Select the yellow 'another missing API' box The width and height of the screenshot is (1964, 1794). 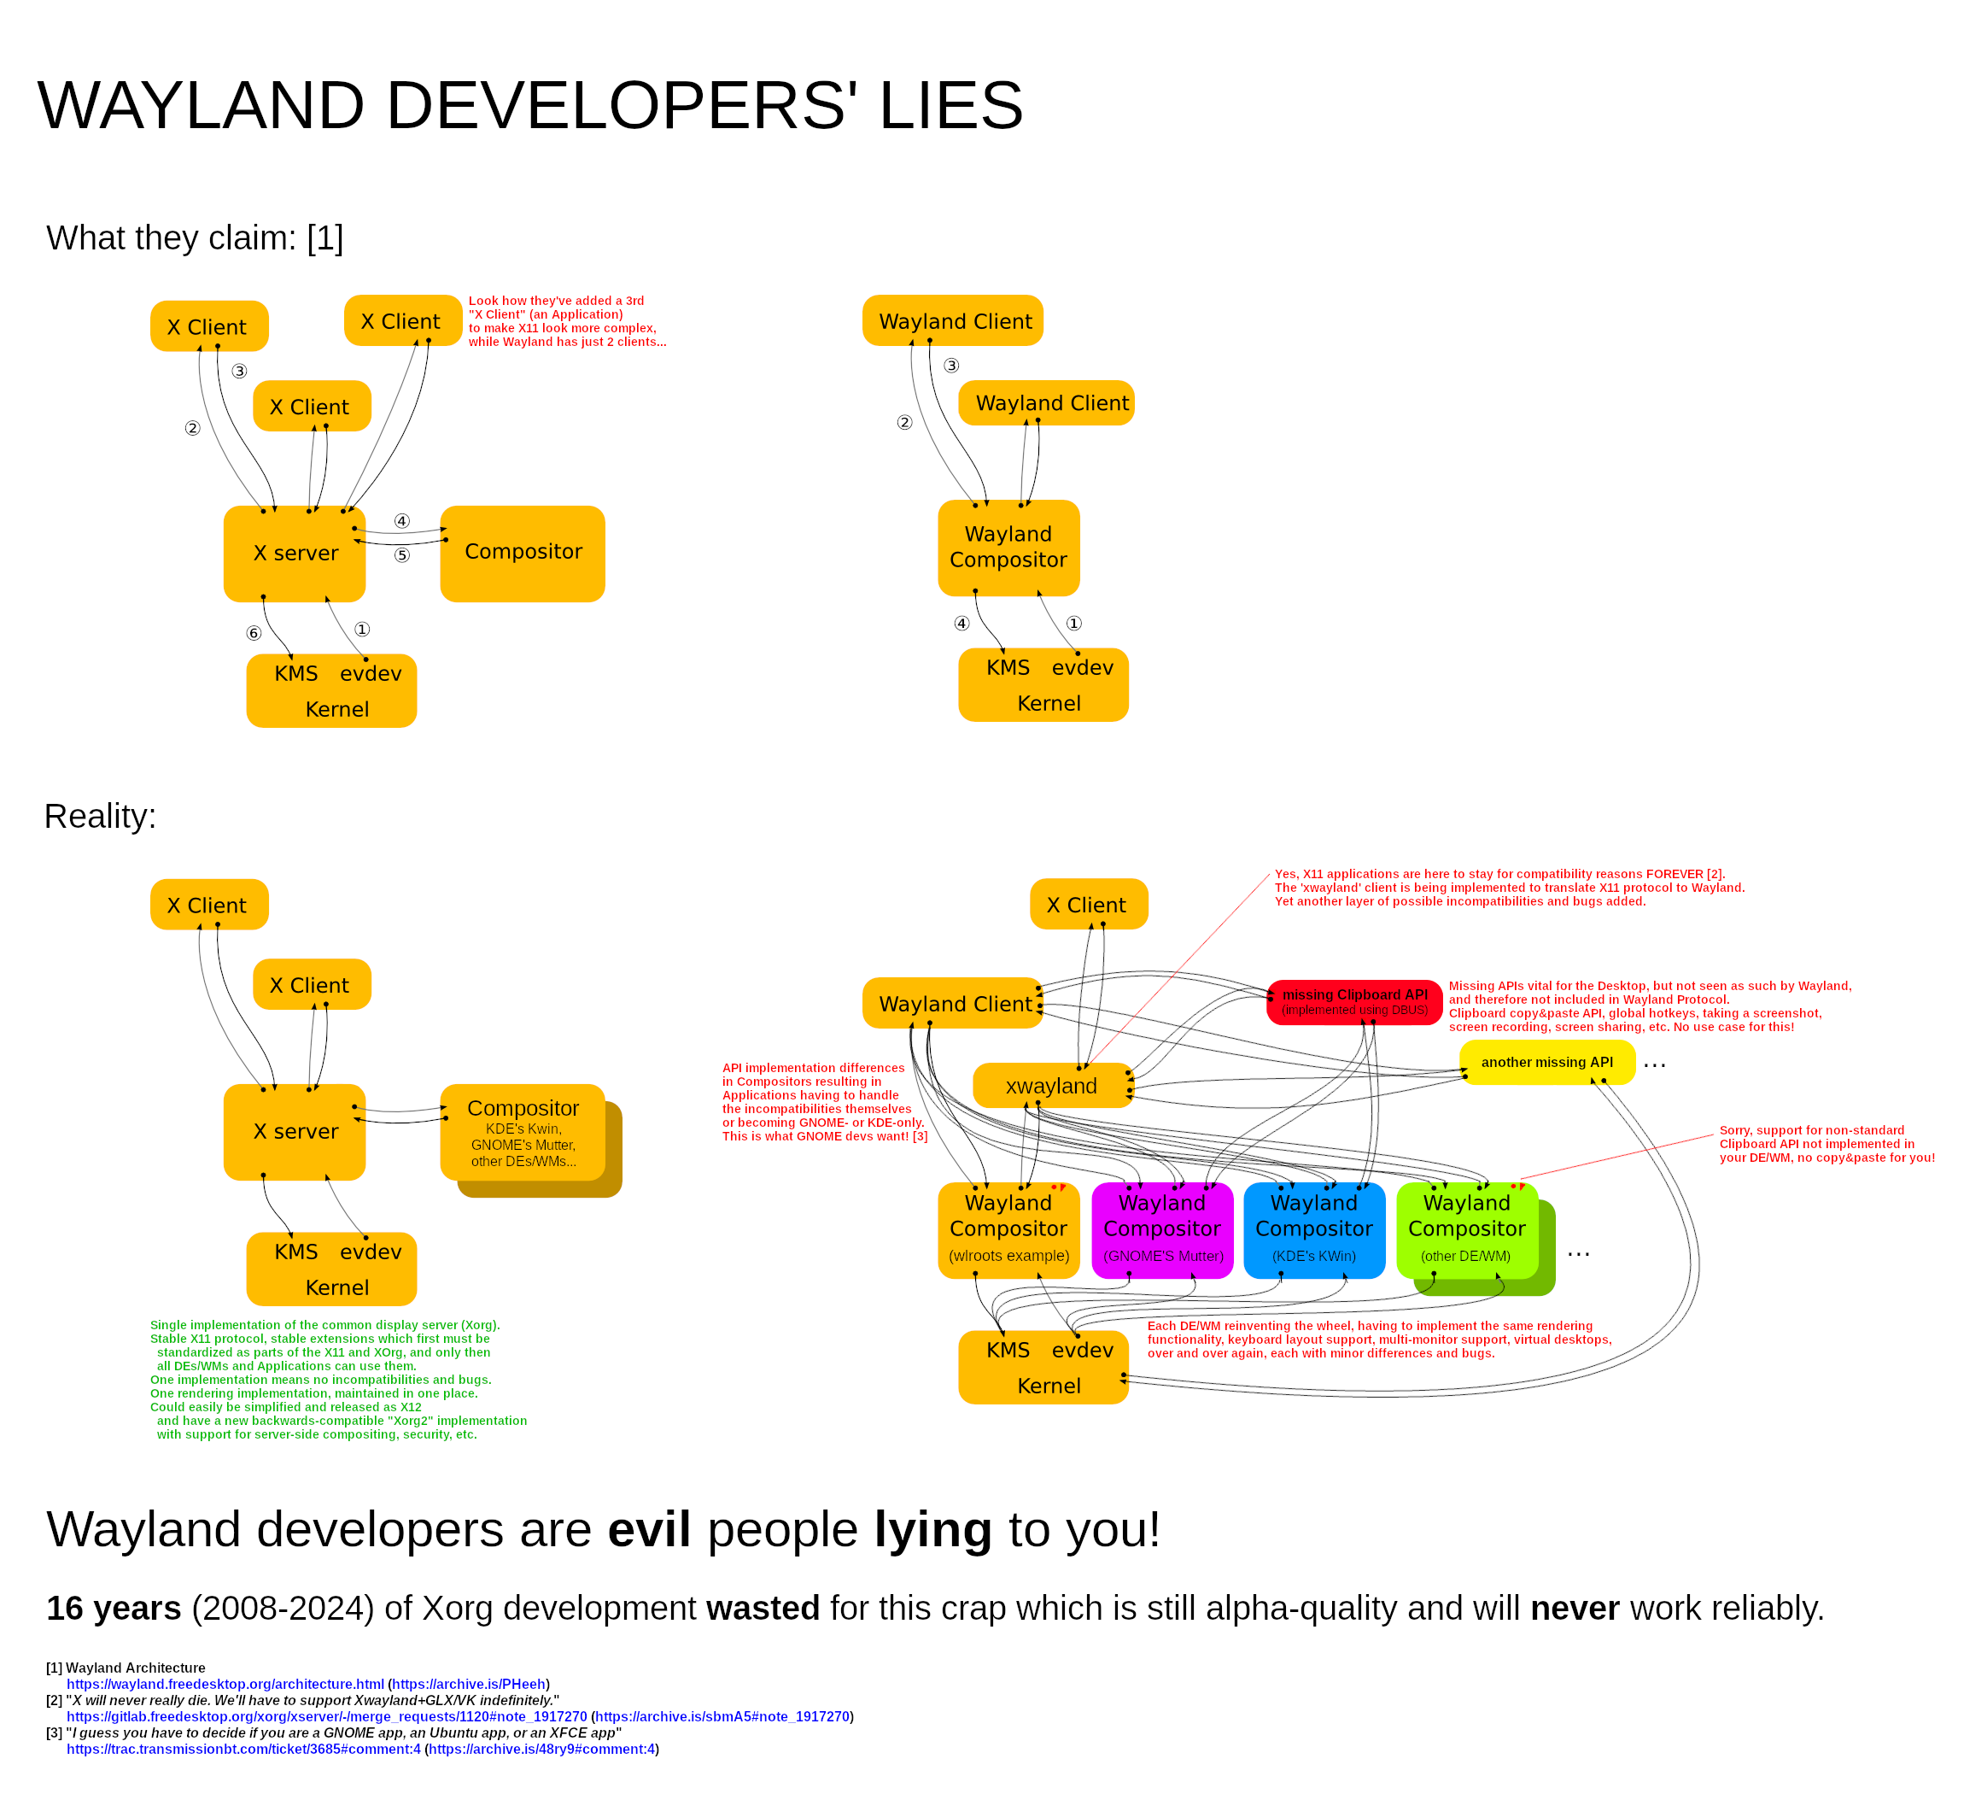click(1546, 1062)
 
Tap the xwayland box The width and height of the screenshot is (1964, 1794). click(1051, 1086)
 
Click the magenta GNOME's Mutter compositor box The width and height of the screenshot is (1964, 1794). click(1162, 1230)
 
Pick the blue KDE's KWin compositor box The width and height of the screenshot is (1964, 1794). click(1313, 1230)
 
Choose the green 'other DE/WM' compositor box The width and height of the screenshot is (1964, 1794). click(1466, 1230)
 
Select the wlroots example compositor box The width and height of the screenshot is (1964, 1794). click(1008, 1230)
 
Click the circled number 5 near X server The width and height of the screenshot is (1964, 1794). click(401, 555)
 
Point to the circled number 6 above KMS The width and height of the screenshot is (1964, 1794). click(254, 633)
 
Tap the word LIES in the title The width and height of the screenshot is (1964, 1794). click(950, 105)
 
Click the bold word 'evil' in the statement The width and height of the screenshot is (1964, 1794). click(649, 1529)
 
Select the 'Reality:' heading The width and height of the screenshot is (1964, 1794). click(101, 816)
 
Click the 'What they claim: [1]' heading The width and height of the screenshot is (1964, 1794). click(195, 237)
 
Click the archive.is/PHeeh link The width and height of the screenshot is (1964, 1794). click(469, 1684)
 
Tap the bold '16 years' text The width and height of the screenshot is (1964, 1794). click(114, 1608)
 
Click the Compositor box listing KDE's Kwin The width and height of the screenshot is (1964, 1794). click(523, 1132)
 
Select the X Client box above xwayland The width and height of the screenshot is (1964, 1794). click(1088, 905)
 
